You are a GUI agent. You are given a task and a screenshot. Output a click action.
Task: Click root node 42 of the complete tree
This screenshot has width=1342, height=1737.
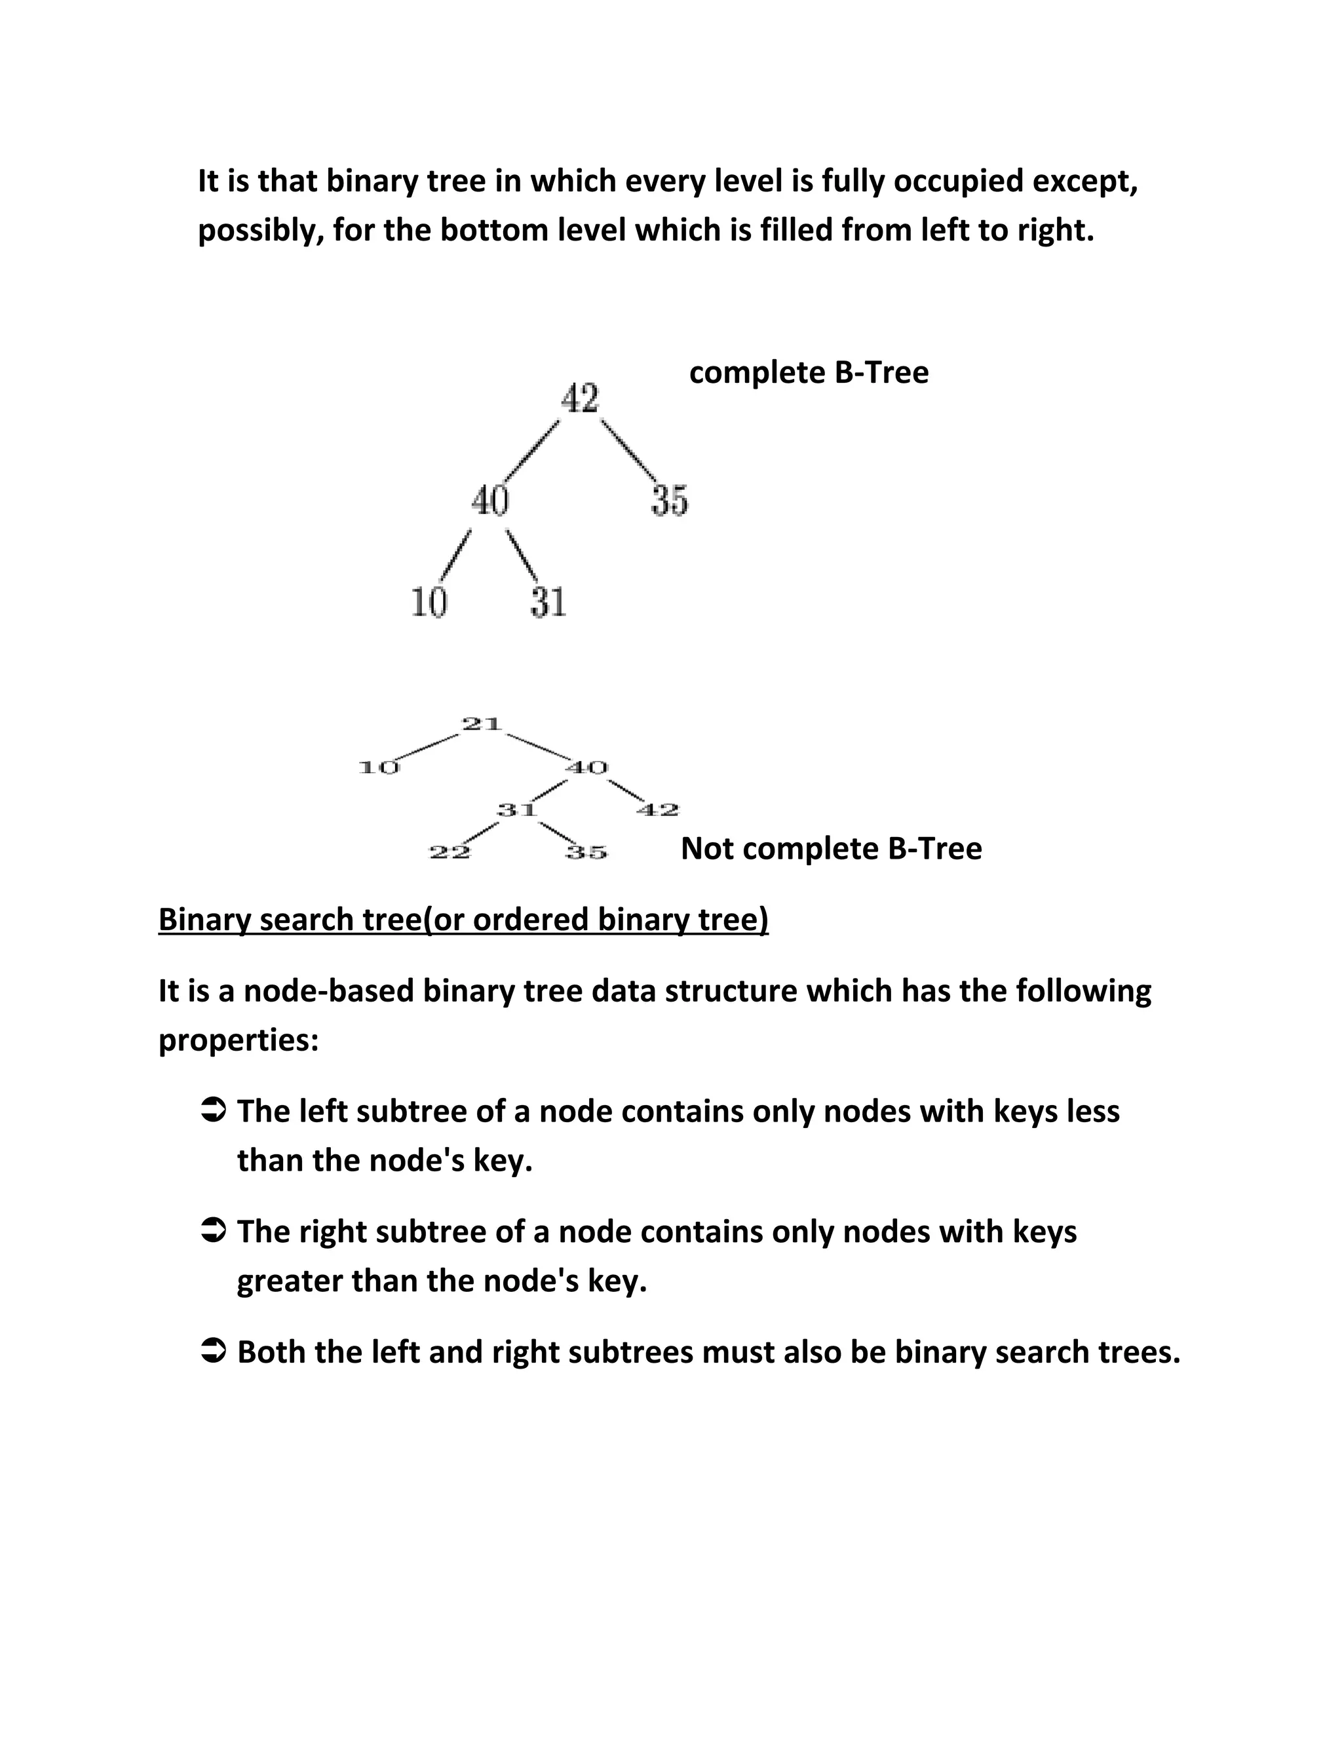(579, 398)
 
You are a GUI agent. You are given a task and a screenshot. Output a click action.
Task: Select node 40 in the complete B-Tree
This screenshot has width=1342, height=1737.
(489, 500)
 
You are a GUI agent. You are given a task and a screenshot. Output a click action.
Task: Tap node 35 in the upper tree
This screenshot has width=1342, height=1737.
(670, 500)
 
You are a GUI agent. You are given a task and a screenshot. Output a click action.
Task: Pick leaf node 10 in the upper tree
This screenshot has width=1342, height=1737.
(429, 602)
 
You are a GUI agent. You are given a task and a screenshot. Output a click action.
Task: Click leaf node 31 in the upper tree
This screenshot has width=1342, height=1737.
(548, 602)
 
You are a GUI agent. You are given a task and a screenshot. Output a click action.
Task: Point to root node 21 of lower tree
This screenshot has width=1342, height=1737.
(482, 724)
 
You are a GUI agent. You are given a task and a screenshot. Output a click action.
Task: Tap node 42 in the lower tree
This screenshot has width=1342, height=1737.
(657, 810)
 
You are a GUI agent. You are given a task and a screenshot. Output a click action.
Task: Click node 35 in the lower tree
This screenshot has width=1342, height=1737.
(586, 853)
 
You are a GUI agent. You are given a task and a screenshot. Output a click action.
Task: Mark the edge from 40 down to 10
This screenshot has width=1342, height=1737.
(455, 555)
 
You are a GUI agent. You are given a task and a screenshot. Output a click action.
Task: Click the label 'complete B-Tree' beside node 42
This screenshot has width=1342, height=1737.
(808, 372)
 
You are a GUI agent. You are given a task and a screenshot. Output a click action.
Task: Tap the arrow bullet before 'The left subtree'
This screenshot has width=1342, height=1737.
(215, 1110)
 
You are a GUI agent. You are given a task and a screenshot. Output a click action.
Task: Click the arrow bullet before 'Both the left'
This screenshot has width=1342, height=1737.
(215, 1352)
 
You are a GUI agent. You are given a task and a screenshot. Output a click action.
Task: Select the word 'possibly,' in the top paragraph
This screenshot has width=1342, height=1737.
(259, 231)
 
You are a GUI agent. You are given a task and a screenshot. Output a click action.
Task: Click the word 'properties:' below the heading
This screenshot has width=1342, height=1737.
(239, 1040)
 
